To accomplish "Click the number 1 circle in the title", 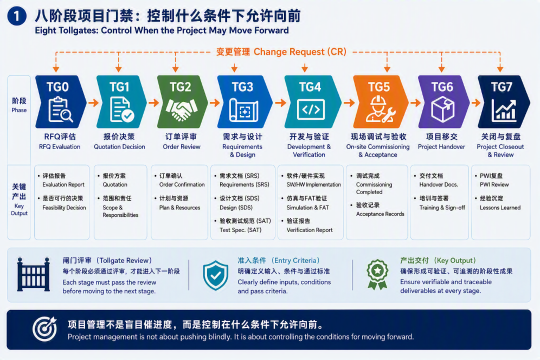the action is [x=16, y=16].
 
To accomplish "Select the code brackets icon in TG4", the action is [x=310, y=109].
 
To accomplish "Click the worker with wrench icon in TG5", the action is [x=380, y=109].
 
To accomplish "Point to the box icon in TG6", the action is [x=443, y=109].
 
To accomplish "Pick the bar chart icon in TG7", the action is [x=503, y=110].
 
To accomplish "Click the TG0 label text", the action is [x=57, y=87].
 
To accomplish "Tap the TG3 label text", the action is [x=242, y=87].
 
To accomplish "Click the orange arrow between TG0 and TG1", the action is [x=93, y=102].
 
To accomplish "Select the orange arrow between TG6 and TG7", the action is [x=476, y=102].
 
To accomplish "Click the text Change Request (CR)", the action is [x=300, y=52].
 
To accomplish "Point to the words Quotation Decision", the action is [x=119, y=147].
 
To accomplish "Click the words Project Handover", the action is [x=441, y=147].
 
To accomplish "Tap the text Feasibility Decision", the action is [x=64, y=207].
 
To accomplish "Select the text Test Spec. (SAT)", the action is [x=240, y=230].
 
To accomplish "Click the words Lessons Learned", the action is [x=500, y=207].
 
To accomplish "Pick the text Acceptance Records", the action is [x=380, y=214].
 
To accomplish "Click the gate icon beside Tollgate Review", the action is [x=33, y=274].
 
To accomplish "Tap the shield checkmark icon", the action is [x=215, y=275].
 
